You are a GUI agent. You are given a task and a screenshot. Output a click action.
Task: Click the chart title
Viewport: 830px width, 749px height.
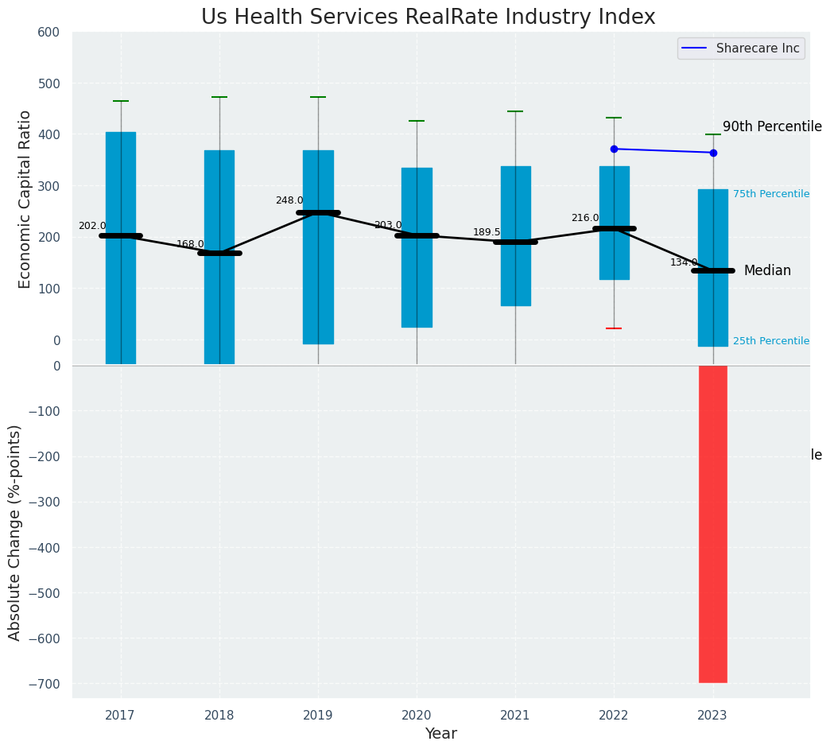pos(428,17)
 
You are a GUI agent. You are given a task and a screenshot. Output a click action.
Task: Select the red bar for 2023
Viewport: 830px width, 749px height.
pos(712,523)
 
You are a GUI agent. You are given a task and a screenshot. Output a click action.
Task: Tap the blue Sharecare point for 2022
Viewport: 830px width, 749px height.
pos(614,149)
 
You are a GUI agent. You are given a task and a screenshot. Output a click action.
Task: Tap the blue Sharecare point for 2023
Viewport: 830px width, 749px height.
pos(713,153)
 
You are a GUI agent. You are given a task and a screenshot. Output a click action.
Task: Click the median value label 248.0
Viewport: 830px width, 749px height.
pos(289,201)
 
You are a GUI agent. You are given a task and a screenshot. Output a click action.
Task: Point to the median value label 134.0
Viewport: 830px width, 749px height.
pos(684,263)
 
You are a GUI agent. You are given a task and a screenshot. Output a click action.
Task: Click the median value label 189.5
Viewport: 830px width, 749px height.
pos(487,233)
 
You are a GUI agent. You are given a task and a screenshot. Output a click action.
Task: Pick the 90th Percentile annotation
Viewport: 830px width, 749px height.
pos(771,127)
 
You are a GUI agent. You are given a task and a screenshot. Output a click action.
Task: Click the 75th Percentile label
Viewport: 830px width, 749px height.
pos(770,194)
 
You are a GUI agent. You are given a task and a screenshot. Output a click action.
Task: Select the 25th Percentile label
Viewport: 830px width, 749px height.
pos(770,341)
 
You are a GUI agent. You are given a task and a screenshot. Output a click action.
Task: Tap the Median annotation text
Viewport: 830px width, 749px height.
pos(767,271)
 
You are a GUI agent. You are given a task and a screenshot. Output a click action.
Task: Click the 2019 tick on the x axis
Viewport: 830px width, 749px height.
pos(318,716)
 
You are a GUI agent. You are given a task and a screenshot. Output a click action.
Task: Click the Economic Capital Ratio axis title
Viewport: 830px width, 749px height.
pos(25,199)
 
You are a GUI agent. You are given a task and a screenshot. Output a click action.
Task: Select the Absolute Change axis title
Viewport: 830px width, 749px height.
pos(15,532)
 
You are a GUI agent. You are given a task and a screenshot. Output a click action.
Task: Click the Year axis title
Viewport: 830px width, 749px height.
pos(440,734)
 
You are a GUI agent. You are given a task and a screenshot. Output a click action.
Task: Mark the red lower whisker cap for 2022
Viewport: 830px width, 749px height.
pos(614,328)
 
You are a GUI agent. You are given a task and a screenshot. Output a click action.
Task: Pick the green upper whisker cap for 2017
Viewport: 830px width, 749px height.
pos(121,101)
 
